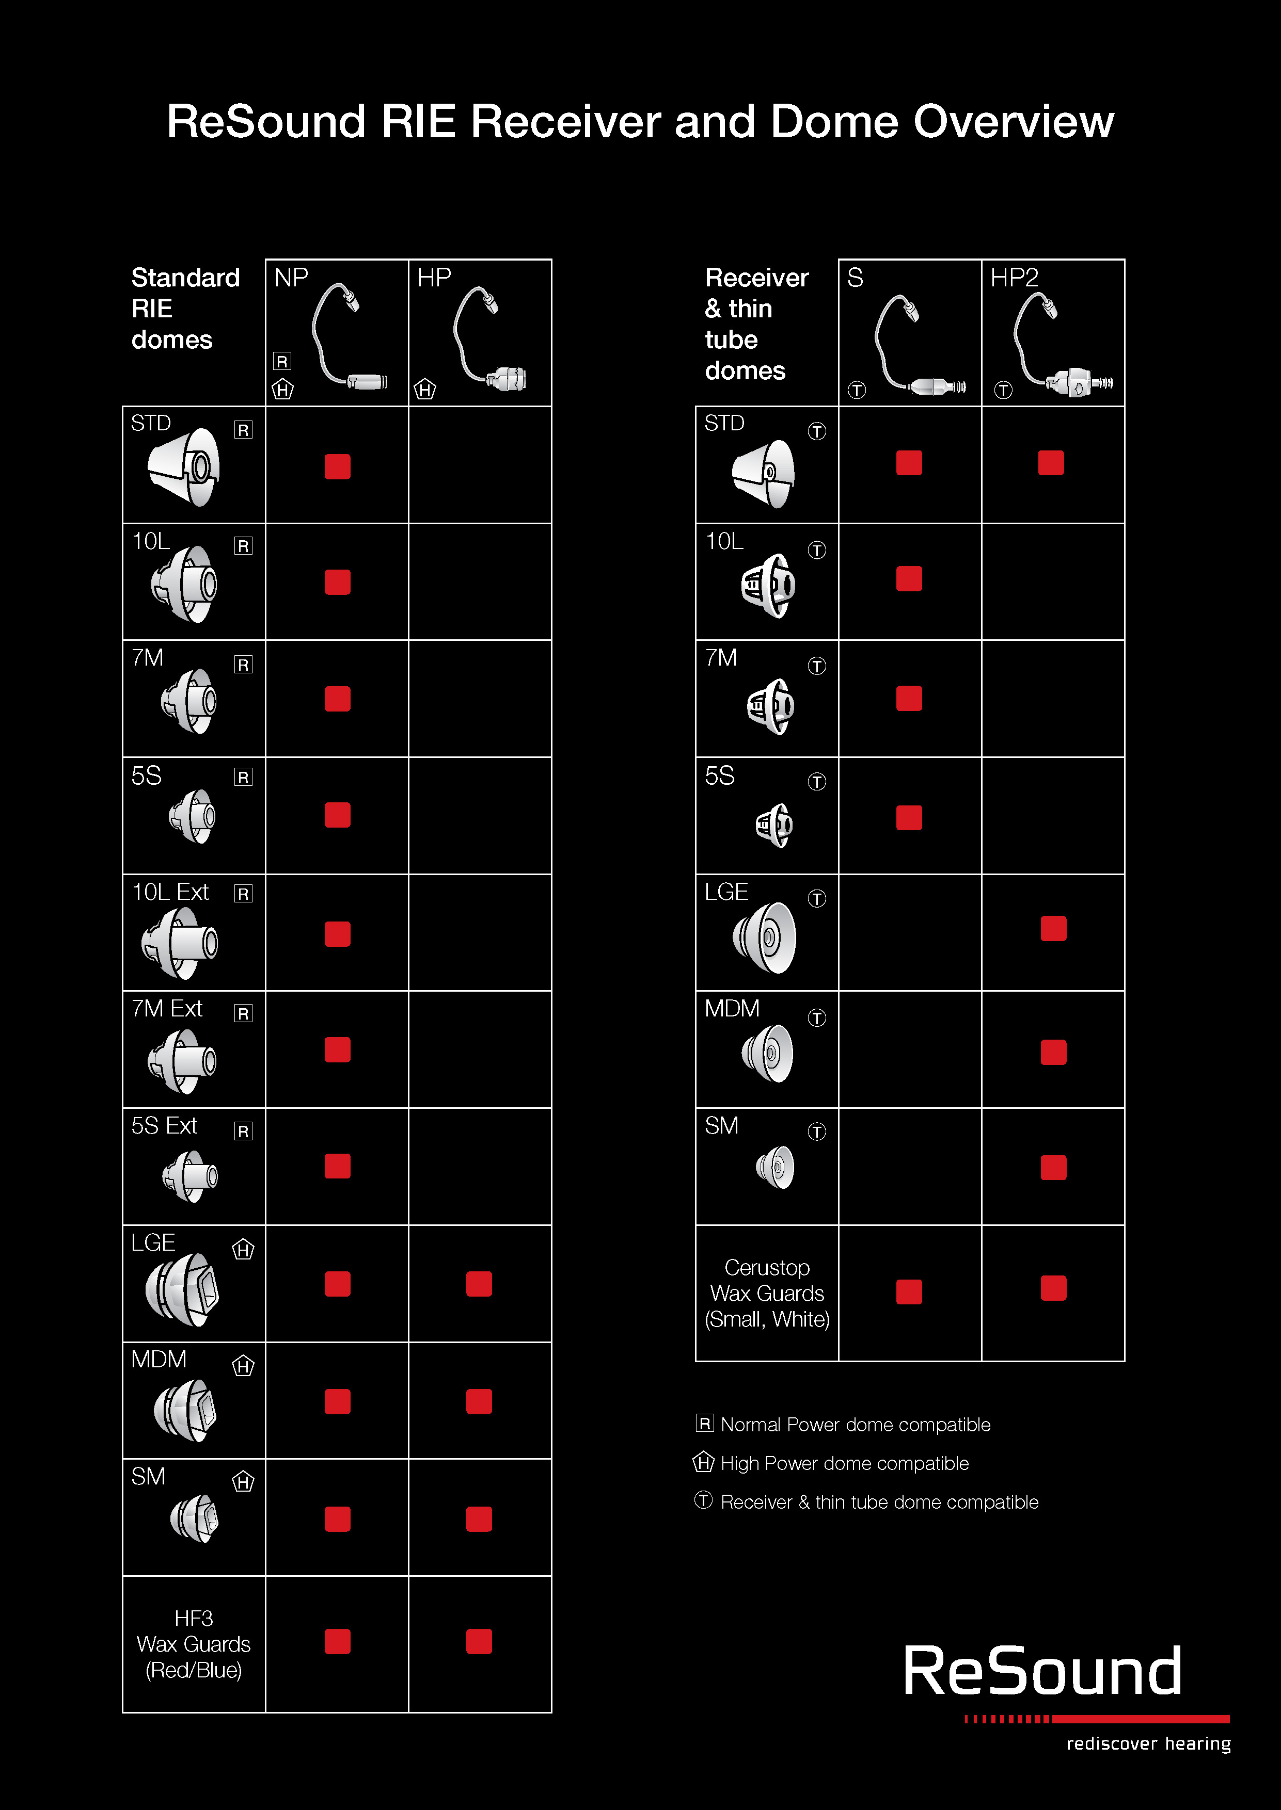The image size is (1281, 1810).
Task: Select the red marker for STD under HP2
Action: click(1051, 463)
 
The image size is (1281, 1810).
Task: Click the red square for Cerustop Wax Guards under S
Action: click(909, 1291)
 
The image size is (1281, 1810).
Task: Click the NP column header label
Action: click(291, 278)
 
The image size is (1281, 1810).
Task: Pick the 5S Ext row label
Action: click(164, 1126)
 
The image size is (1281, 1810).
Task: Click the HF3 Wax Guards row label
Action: click(193, 1644)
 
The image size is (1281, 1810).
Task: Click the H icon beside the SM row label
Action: click(243, 1482)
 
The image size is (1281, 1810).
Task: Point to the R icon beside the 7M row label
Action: click(243, 665)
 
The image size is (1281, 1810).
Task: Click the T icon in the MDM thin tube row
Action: click(816, 1017)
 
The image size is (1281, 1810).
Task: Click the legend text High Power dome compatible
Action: click(844, 1463)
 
